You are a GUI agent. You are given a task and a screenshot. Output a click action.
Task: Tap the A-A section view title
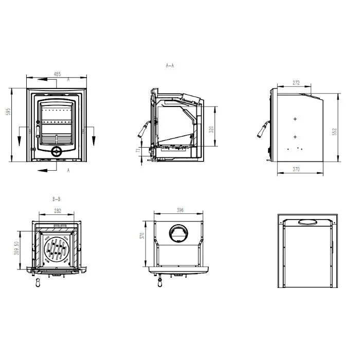170,66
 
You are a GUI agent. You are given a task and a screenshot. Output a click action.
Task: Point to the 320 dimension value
211,130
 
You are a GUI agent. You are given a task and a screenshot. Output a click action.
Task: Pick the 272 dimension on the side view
296,82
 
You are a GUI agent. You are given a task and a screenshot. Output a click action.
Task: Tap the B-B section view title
57,199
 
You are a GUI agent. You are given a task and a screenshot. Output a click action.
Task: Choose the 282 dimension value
58,211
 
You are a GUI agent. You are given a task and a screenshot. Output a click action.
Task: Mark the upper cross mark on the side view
295,119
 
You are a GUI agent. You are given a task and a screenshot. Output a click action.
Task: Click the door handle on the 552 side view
262,130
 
